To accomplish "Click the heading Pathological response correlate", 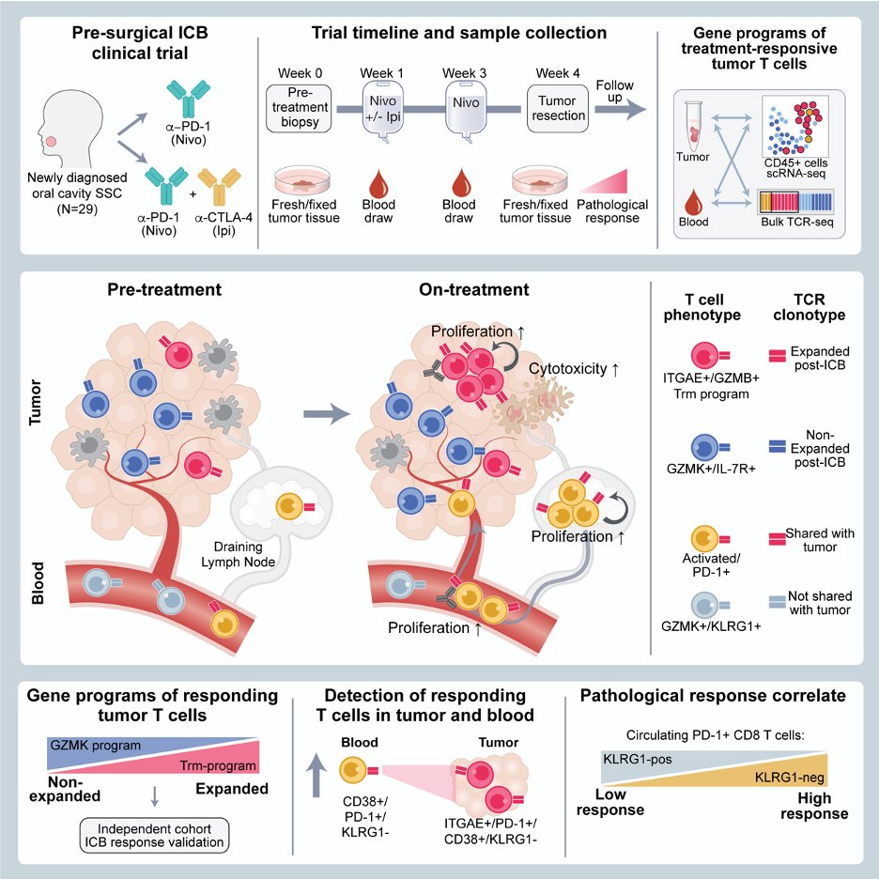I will click(x=714, y=696).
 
